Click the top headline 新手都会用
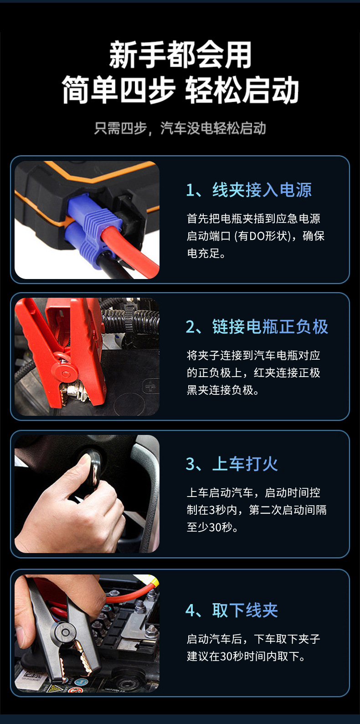tap(180, 55)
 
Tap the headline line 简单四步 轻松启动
tap(180, 90)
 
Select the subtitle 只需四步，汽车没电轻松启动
tap(180, 129)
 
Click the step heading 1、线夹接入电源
tap(249, 190)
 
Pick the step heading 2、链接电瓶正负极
tap(257, 327)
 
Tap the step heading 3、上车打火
tap(231, 464)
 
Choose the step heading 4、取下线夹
tap(231, 610)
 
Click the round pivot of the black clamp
tap(65, 632)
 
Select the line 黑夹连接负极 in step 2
tap(223, 390)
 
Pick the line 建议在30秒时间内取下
tap(246, 657)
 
